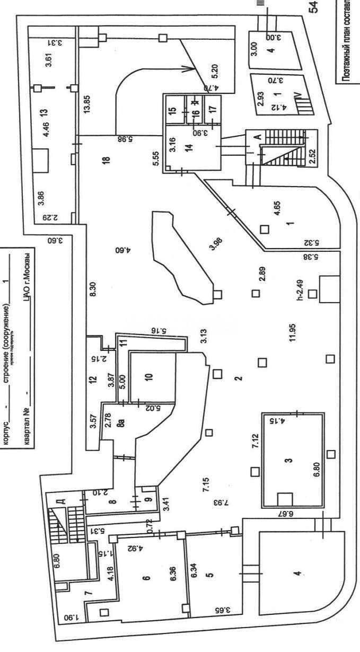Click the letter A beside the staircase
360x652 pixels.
257,136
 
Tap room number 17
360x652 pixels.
213,112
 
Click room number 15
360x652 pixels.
172,112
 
